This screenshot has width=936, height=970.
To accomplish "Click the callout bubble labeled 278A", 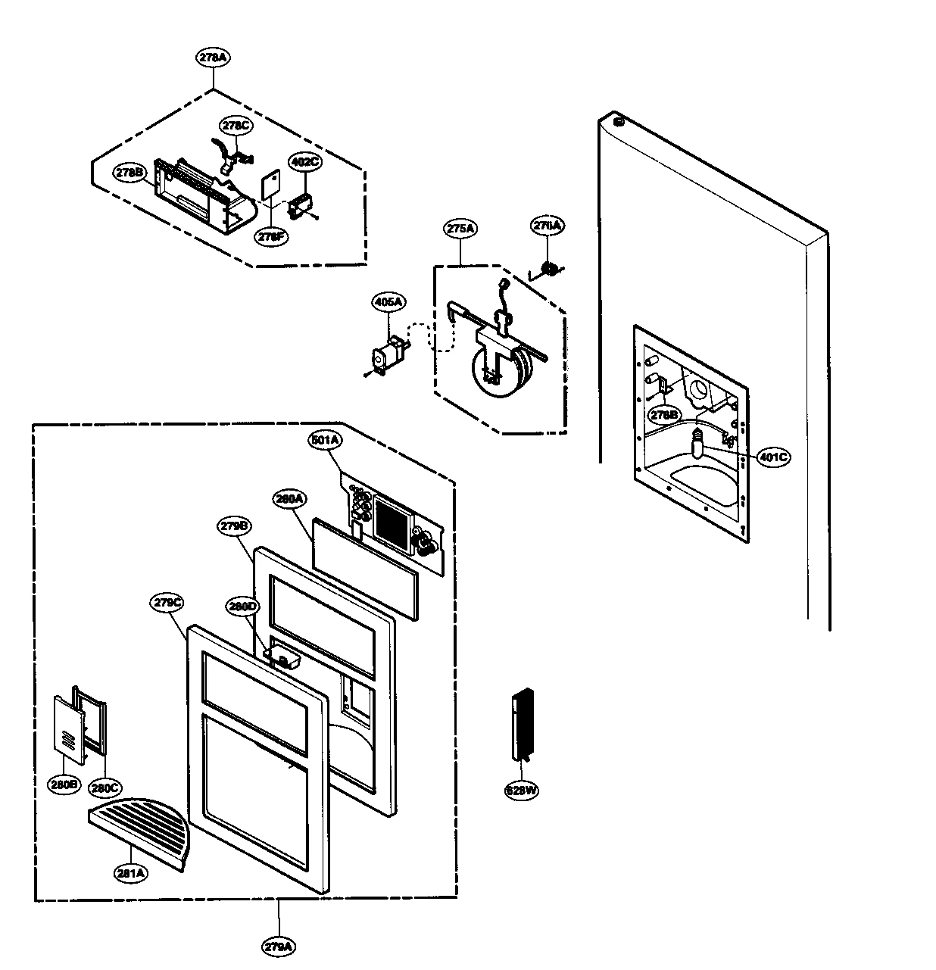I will pos(213,58).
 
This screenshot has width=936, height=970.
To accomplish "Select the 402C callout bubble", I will pos(305,161).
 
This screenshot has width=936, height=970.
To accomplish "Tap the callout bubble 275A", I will pos(460,229).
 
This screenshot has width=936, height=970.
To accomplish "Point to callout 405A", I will pos(388,302).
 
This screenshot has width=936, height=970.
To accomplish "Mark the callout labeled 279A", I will pos(279,946).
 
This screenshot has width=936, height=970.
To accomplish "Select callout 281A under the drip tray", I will pos(131,873).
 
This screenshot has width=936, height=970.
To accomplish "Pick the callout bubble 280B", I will pos(64,784).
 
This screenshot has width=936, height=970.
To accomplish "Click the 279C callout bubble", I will pos(168,603).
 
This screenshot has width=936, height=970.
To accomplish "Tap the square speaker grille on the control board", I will pos(392,520).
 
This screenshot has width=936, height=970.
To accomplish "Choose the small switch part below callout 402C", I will pos(301,207).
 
